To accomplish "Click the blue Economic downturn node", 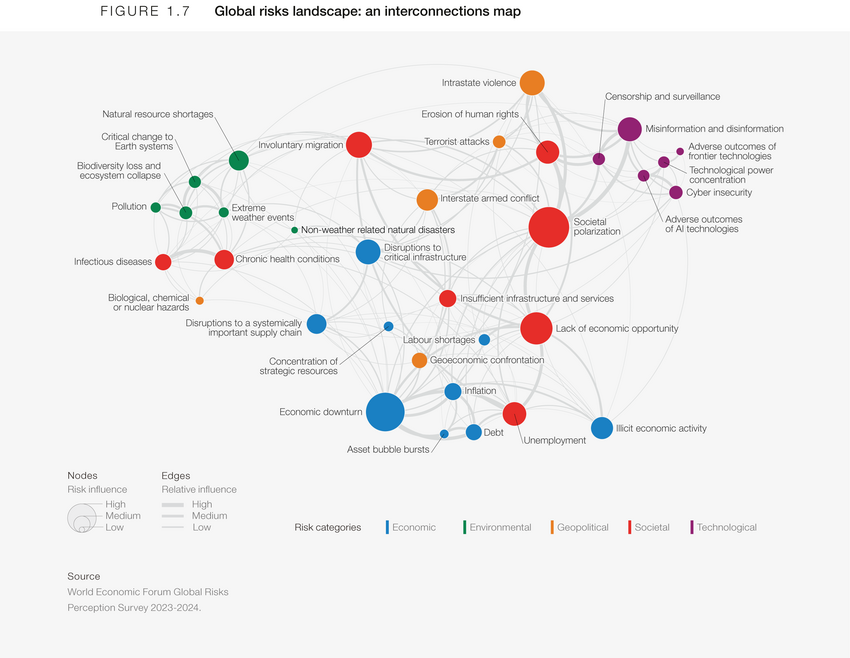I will tap(385, 412).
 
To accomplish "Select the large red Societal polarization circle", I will tap(549, 227).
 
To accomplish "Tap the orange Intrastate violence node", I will tap(532, 83).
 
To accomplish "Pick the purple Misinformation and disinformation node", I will tap(629, 129).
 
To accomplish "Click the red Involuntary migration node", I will tap(359, 145).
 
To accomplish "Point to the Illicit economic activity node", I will tap(602, 428).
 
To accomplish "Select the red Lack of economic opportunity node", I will tap(537, 328).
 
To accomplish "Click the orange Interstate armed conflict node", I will tap(427, 199).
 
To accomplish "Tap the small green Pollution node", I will tap(156, 207).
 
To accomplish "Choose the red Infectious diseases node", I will tap(163, 262).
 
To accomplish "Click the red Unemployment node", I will tap(514, 414).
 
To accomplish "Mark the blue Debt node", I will tap(474, 432).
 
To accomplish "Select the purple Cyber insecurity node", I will tap(676, 192).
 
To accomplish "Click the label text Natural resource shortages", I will tap(158, 114).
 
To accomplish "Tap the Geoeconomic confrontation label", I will tap(487, 360).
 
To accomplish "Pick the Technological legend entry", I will tap(726, 527).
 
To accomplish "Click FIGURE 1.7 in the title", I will tap(146, 12).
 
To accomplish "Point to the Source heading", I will tap(84, 576).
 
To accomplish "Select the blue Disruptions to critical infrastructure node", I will tap(368, 252).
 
